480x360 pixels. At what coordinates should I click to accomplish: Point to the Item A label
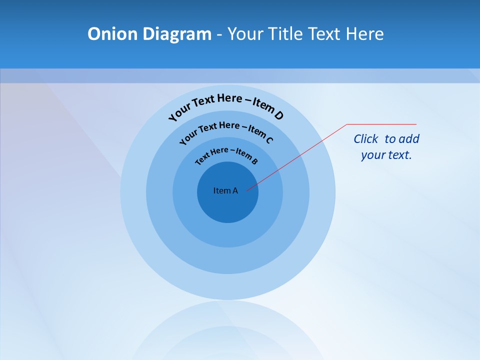pos(225,190)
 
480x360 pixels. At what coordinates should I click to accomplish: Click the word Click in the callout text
pos(366,139)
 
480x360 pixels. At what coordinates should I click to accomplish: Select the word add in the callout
pos(409,139)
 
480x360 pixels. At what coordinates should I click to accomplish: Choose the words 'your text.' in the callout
pos(386,155)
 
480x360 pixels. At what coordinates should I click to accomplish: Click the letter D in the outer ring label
pos(278,115)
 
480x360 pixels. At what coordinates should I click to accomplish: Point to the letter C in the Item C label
pos(269,140)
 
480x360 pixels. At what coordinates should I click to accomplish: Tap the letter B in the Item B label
pos(255,161)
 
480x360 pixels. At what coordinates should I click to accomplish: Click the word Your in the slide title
pos(246,34)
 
